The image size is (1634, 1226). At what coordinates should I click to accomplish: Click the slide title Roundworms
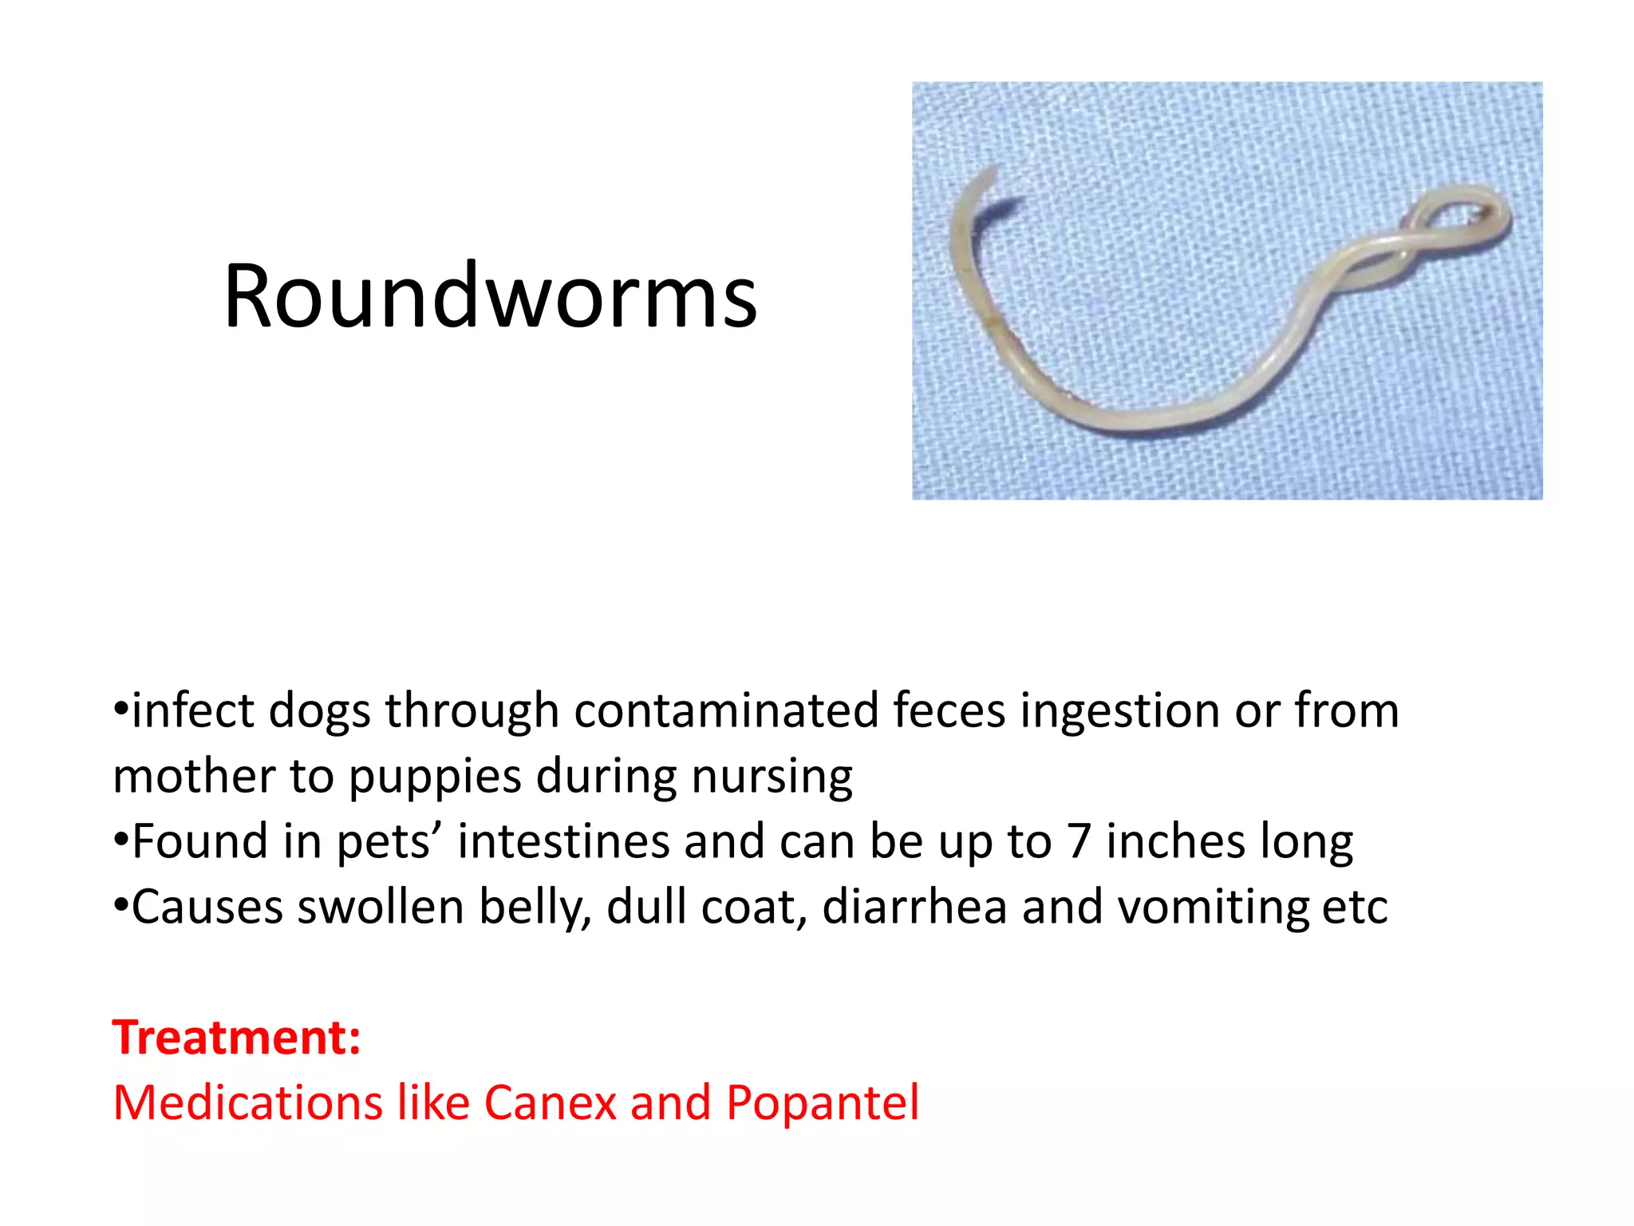pyautogui.click(x=490, y=296)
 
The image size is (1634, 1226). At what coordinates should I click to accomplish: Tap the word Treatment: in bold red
pyautogui.click(x=237, y=1038)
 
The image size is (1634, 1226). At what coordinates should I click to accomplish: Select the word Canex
pyautogui.click(x=550, y=1103)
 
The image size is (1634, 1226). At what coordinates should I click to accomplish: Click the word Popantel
pyautogui.click(x=822, y=1103)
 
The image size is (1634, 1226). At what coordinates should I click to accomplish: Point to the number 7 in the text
pyautogui.click(x=1079, y=842)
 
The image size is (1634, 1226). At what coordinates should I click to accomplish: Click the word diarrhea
pyautogui.click(x=914, y=908)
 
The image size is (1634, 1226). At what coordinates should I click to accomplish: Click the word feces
pyautogui.click(x=949, y=710)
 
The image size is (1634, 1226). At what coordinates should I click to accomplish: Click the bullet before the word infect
pyautogui.click(x=121, y=709)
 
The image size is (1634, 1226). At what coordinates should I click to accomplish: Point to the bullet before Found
pyautogui.click(x=121, y=840)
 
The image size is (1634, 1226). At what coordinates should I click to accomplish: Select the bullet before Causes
pyautogui.click(x=121, y=905)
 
